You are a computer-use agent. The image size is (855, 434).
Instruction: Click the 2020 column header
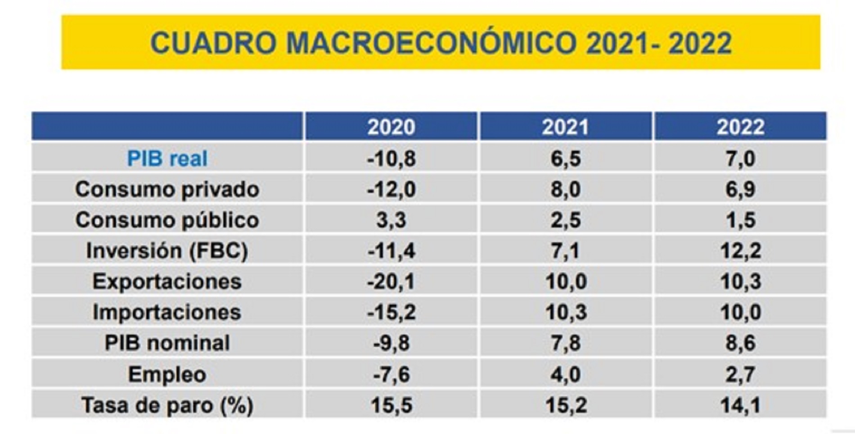point(391,127)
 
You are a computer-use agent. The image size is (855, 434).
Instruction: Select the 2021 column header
point(565,127)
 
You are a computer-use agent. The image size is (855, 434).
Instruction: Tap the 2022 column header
point(740,127)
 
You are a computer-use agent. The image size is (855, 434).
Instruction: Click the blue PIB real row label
point(167,158)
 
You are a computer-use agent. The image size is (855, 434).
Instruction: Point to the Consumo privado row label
point(167,189)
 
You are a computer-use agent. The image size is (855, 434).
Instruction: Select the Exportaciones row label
point(167,282)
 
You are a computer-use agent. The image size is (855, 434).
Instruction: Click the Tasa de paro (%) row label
point(167,405)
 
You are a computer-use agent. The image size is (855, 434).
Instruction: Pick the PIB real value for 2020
point(391,158)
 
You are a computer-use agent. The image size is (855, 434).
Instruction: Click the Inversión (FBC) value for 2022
point(740,251)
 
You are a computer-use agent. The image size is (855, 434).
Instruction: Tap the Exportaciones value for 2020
point(391,282)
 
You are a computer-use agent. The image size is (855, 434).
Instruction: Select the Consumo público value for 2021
point(565,220)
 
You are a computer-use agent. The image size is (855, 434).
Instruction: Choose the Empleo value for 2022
point(740,374)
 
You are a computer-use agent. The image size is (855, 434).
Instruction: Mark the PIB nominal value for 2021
point(565,343)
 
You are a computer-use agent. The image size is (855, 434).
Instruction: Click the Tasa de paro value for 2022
point(740,405)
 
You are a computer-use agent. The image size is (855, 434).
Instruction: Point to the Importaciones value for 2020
point(391,312)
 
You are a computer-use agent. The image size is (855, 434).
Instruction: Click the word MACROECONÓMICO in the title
point(431,43)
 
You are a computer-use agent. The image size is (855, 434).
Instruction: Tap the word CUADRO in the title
point(213,43)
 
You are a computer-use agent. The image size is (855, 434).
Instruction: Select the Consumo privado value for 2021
point(565,189)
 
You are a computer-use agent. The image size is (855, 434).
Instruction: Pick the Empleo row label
point(167,374)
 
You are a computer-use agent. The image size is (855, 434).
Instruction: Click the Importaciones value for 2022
point(740,312)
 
